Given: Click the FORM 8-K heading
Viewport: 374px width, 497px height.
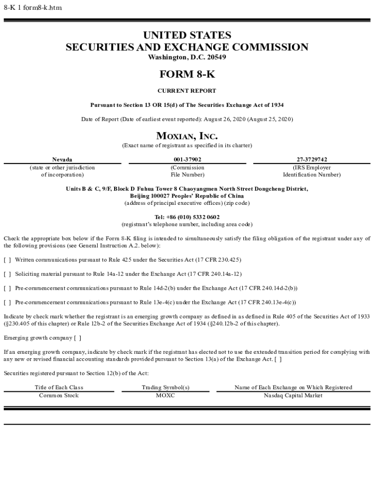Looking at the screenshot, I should click(x=187, y=74).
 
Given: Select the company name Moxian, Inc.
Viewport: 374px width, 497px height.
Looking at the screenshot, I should click(x=187, y=136).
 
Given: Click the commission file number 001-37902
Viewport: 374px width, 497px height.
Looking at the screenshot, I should click(x=187, y=159).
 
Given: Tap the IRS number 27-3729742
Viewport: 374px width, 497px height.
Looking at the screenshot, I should click(x=311, y=159).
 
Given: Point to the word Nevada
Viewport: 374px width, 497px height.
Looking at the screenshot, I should click(x=62, y=159).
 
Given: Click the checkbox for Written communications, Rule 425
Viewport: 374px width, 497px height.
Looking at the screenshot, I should click(x=7, y=260).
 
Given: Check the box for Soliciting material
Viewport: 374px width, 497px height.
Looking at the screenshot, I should click(x=7, y=274).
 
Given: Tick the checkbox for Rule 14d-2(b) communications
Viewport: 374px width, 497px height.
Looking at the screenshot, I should click(x=7, y=288).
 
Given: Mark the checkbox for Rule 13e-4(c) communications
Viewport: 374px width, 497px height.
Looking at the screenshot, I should click(x=7, y=302).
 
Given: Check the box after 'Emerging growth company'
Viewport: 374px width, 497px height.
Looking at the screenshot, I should click(x=77, y=338).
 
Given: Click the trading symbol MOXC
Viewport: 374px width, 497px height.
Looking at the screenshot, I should click(x=165, y=396).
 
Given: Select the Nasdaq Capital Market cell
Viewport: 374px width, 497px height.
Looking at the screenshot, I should click(x=293, y=396).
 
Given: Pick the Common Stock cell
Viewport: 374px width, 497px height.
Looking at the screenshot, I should click(x=59, y=396).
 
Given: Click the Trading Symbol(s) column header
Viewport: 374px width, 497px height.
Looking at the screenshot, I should click(x=165, y=387).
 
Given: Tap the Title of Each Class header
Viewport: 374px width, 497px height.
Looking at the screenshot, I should click(x=59, y=387).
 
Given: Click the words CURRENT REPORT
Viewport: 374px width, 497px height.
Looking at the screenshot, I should click(x=187, y=91).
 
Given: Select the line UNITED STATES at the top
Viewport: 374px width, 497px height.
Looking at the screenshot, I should click(x=187, y=35).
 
